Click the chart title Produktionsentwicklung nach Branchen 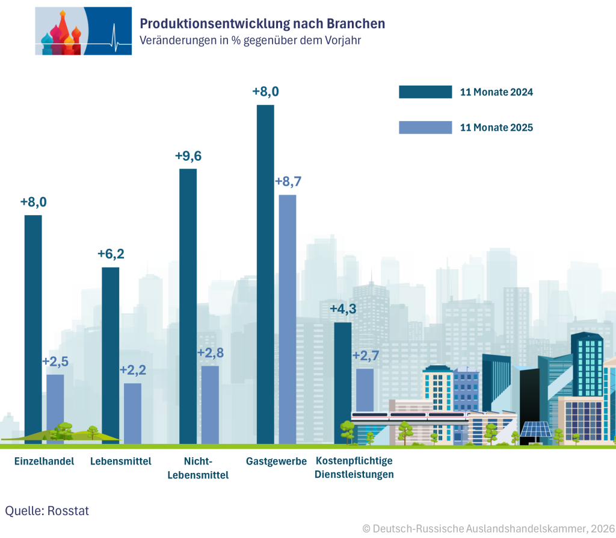(x=262, y=23)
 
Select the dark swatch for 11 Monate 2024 (x=425, y=92)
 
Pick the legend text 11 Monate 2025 (x=496, y=128)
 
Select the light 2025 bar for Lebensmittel (x=132, y=413)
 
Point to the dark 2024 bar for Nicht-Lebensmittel (x=188, y=306)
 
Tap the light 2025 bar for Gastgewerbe (x=288, y=319)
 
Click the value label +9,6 (x=188, y=156)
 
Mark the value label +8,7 (x=288, y=182)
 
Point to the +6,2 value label (x=111, y=254)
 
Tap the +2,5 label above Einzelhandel (x=55, y=361)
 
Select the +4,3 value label (x=342, y=310)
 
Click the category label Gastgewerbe (x=276, y=461)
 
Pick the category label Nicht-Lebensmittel (x=198, y=468)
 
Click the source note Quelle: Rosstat (x=47, y=511)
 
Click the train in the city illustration (x=409, y=415)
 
